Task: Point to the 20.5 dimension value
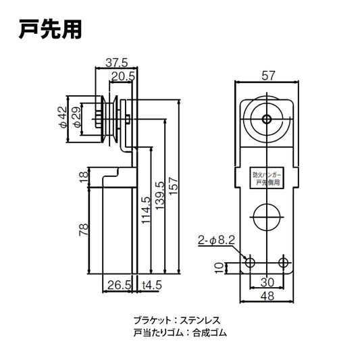coord(122,76)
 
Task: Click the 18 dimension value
coord(84,177)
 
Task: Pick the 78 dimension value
coord(84,230)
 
